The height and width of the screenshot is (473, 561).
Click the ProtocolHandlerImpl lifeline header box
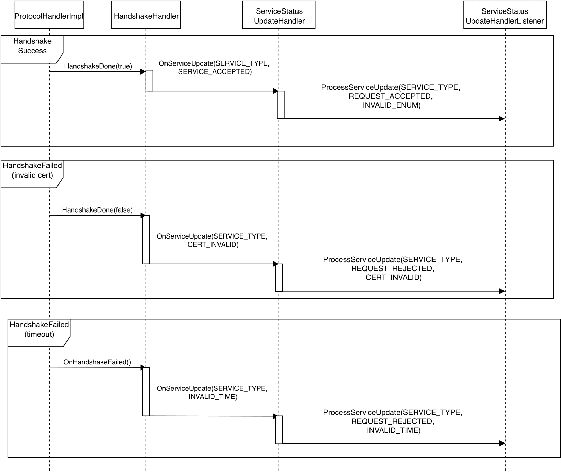(x=49, y=15)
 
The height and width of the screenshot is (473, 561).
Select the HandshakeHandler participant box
(x=146, y=15)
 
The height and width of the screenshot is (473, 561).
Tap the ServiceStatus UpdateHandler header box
(x=279, y=15)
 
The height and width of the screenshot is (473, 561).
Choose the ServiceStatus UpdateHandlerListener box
(x=505, y=15)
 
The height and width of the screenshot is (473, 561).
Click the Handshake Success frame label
(x=32, y=46)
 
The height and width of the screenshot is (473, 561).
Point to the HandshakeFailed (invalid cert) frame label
(x=32, y=170)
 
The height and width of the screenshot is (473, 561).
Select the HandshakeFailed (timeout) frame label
(x=39, y=329)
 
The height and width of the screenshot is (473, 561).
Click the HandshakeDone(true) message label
(x=98, y=66)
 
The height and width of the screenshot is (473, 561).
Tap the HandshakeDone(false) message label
(x=97, y=210)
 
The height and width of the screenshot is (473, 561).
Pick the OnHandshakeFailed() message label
(x=97, y=362)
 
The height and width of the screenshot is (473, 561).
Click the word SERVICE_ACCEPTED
(x=215, y=72)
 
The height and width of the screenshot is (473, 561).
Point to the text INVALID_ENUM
(x=392, y=105)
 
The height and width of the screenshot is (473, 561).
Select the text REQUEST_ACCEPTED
(x=390, y=96)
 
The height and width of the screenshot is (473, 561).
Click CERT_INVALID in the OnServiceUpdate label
(x=213, y=244)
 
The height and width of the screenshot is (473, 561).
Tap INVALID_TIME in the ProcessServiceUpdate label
(x=393, y=430)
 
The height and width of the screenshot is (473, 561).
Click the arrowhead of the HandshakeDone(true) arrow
(x=143, y=72)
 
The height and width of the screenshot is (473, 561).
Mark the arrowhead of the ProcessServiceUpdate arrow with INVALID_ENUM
(x=502, y=119)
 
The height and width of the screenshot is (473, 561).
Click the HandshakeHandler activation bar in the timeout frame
(x=146, y=392)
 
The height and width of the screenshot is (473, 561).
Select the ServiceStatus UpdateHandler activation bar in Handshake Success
(x=280, y=105)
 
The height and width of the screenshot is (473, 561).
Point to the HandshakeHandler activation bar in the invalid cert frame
(x=146, y=240)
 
